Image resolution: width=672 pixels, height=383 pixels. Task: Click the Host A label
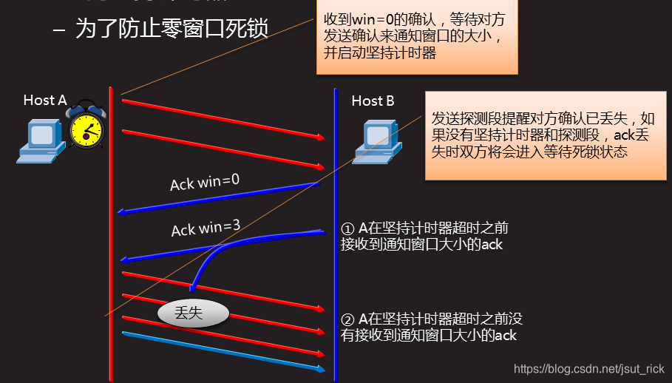click(x=45, y=101)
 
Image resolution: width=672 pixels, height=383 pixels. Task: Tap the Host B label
click(x=373, y=101)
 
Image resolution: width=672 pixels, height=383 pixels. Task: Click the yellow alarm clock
click(x=86, y=127)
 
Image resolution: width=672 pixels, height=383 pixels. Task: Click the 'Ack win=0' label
click(x=205, y=181)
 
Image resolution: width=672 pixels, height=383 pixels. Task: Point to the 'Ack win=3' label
click(x=206, y=228)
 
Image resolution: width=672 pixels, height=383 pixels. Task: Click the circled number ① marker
click(x=348, y=228)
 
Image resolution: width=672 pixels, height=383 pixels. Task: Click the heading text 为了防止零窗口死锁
click(x=172, y=30)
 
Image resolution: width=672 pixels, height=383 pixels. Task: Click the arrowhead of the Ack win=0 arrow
click(x=121, y=212)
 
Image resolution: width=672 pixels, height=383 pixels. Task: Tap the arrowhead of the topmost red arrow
click(x=322, y=138)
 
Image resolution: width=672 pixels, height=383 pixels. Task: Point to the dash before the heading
click(x=60, y=30)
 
